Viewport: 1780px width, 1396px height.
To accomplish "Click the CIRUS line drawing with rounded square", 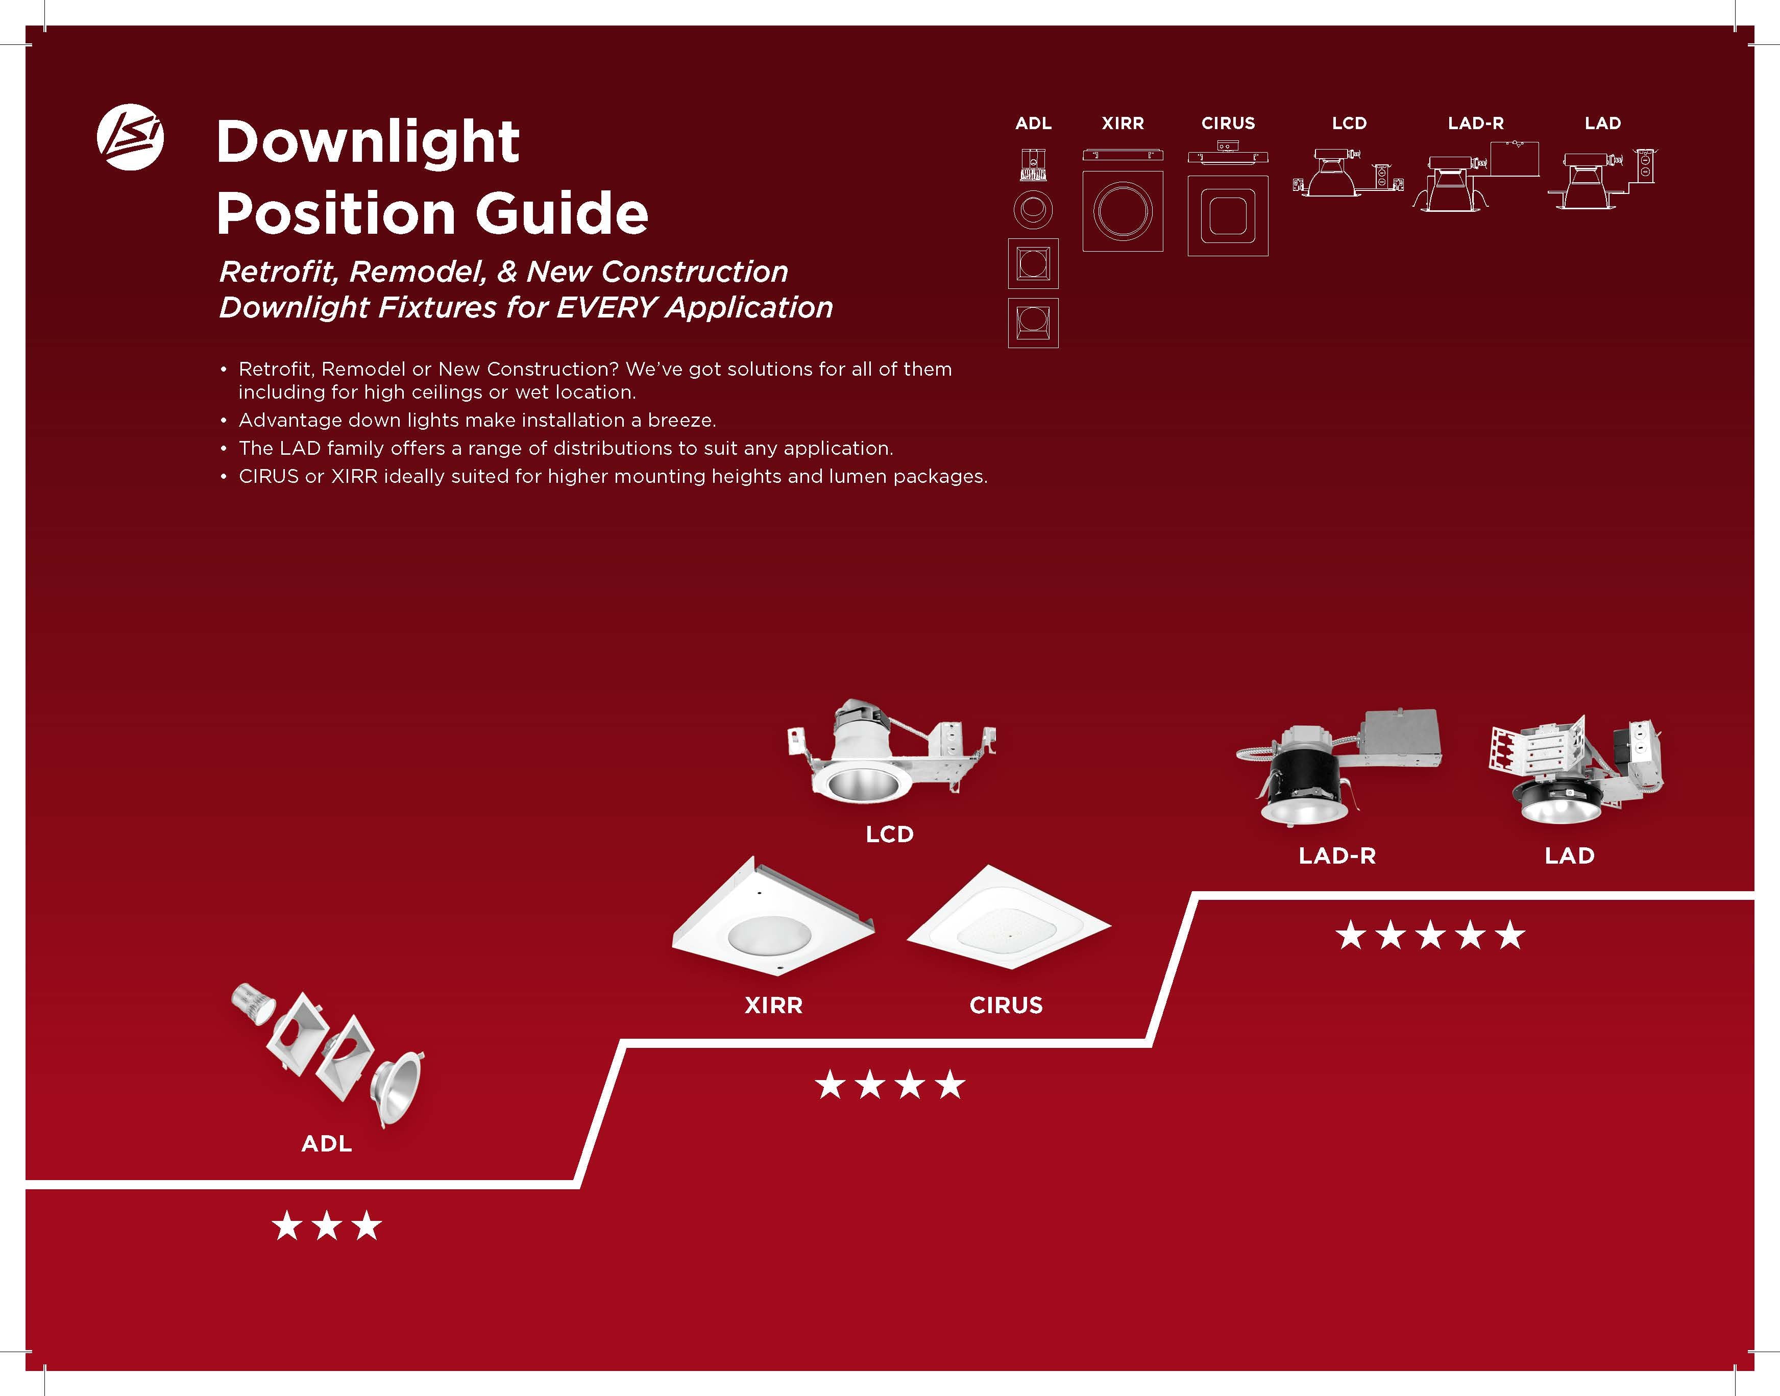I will click(1228, 216).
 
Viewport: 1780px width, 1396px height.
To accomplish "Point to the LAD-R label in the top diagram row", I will click(1475, 124).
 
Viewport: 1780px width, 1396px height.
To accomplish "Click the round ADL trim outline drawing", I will click(1033, 210).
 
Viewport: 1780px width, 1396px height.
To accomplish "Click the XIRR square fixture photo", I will click(772, 919).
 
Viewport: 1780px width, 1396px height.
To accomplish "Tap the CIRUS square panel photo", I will click(1009, 919).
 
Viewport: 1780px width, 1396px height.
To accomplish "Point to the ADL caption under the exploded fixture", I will click(326, 1143).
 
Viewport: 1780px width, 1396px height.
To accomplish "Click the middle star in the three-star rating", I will click(327, 1225).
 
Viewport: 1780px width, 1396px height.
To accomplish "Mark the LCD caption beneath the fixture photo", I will click(889, 835).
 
